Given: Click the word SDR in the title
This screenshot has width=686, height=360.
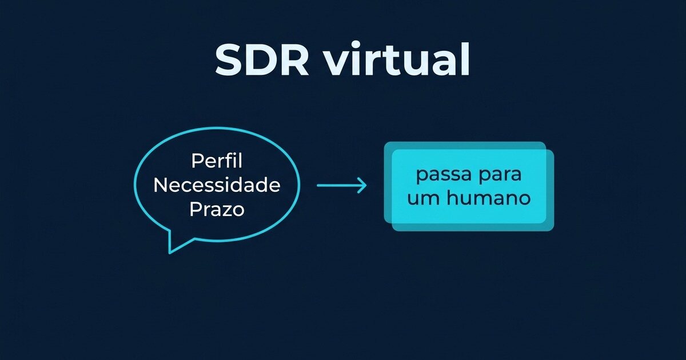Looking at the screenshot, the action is point(262,59).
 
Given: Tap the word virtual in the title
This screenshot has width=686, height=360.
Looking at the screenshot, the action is point(397,59).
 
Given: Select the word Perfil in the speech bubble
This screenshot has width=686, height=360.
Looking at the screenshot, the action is point(217,161).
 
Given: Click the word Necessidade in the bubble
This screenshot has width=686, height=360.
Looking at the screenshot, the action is point(217,185).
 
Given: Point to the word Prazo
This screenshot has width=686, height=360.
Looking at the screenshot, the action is point(217,209).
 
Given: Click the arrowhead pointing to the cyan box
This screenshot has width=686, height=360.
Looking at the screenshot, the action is point(362,186).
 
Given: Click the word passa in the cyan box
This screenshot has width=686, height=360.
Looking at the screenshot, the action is point(440,175).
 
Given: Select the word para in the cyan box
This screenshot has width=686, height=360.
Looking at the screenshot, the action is point(500,175).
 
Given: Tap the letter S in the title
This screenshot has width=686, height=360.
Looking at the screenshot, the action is point(230,59).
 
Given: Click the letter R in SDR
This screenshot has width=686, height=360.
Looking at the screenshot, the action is point(294,59).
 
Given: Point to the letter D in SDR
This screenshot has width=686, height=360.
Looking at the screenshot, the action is point(262,59).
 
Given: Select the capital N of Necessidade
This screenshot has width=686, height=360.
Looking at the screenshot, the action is point(161,185).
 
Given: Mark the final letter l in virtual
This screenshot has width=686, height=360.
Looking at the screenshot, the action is point(466,58).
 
